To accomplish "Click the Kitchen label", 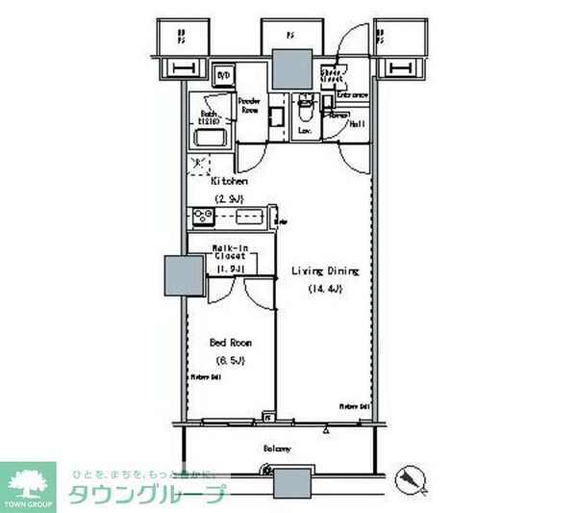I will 230,181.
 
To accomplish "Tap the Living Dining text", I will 325,271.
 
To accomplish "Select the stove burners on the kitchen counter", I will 204,216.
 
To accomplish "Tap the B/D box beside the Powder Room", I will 223,75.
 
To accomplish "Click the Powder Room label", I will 251,105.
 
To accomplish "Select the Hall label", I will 355,124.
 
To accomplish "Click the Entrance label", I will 353,96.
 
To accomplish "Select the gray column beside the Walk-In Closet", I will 181,277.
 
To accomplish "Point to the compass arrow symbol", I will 414,478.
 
